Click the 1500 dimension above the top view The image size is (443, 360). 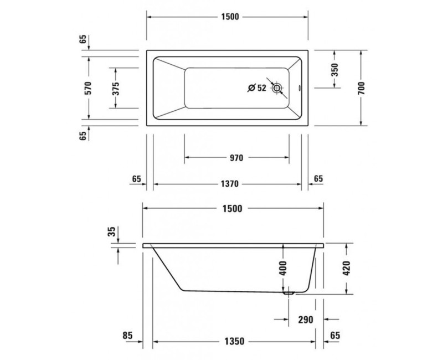pos(229,17)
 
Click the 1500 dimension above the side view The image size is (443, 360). pos(233,209)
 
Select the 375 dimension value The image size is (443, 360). pos(116,88)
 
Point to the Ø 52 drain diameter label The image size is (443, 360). pos(257,88)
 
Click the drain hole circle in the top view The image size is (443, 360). pos(277,88)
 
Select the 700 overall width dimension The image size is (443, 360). pos(361,88)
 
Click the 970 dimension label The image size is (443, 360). pos(236,158)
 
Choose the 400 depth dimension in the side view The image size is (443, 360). pos(282,268)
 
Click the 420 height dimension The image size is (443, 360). pos(347,268)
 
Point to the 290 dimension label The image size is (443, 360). pos(306,320)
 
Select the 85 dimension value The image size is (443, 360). pos(127,335)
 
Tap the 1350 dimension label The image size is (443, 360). pos(234,341)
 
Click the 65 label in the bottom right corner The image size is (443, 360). pos(335,335)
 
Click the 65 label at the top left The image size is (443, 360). pos(83,39)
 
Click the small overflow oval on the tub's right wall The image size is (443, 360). pos(300,88)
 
